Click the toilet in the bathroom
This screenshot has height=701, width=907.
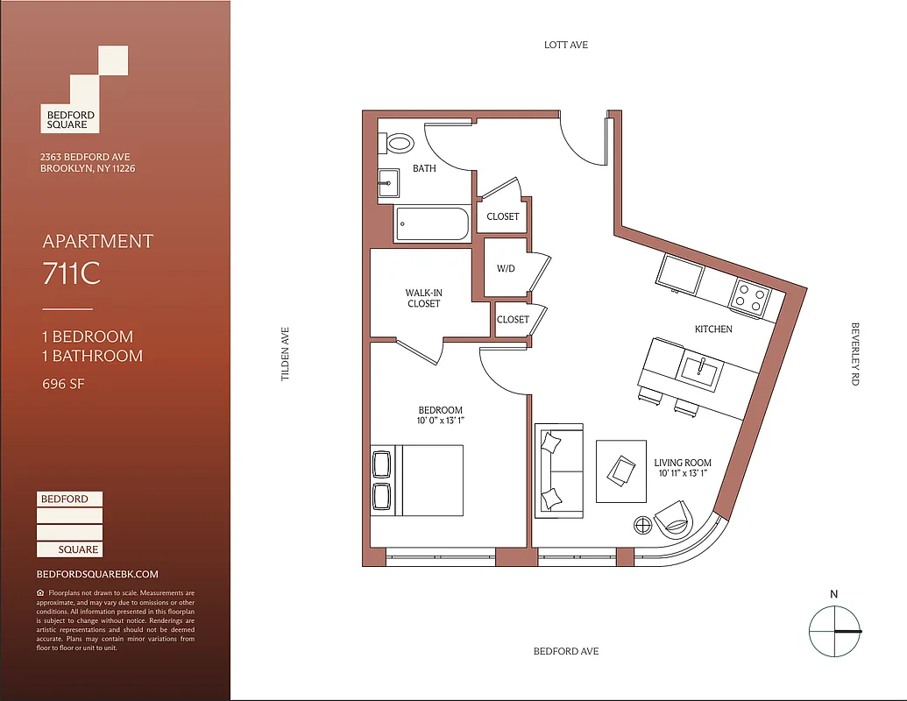click(400, 144)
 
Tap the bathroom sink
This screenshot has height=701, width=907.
click(388, 184)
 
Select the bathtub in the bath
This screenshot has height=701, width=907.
click(431, 223)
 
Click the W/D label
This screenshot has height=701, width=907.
click(506, 268)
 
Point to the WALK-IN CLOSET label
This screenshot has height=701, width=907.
click(423, 298)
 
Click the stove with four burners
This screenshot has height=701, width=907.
click(749, 295)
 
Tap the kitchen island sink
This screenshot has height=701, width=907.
click(700, 372)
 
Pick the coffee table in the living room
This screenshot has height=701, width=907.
click(621, 471)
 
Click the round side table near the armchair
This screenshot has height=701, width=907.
click(642, 524)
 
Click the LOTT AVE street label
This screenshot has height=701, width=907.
click(566, 45)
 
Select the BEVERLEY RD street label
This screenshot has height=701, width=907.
click(855, 354)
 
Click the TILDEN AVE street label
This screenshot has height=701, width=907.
click(285, 354)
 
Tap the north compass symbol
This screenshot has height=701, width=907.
click(834, 630)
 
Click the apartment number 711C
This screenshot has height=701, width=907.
click(72, 274)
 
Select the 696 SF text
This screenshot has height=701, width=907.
click(64, 383)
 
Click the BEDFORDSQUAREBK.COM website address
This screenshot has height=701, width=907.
click(97, 574)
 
